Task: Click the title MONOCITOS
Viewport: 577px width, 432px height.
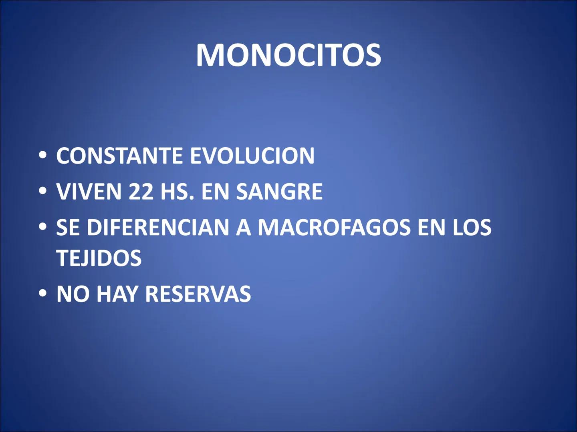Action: tap(288, 55)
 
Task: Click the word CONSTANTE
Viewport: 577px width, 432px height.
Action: tap(119, 156)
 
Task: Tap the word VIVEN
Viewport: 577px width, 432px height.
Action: tap(89, 192)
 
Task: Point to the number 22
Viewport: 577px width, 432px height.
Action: tap(141, 192)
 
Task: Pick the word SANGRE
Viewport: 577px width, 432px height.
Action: tap(279, 192)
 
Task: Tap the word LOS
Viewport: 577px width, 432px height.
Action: tap(472, 228)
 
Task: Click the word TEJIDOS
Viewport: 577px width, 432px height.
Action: tap(99, 258)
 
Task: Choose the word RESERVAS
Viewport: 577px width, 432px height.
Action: tap(198, 294)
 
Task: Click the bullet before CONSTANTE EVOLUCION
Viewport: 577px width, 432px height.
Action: tap(42, 156)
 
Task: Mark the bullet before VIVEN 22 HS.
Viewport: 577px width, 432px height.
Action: tap(42, 192)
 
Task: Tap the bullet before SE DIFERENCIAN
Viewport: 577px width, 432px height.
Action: tap(42, 228)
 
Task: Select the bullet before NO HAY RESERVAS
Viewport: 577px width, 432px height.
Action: tap(42, 294)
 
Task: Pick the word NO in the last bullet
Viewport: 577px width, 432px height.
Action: tap(73, 294)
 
